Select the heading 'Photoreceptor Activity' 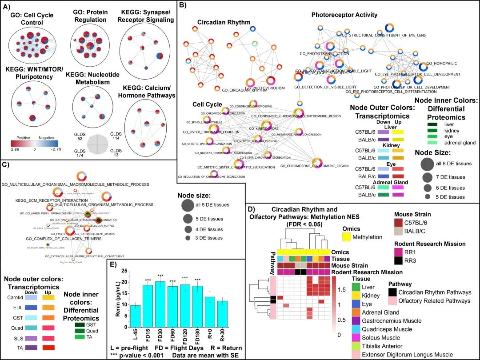coord(344,15)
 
